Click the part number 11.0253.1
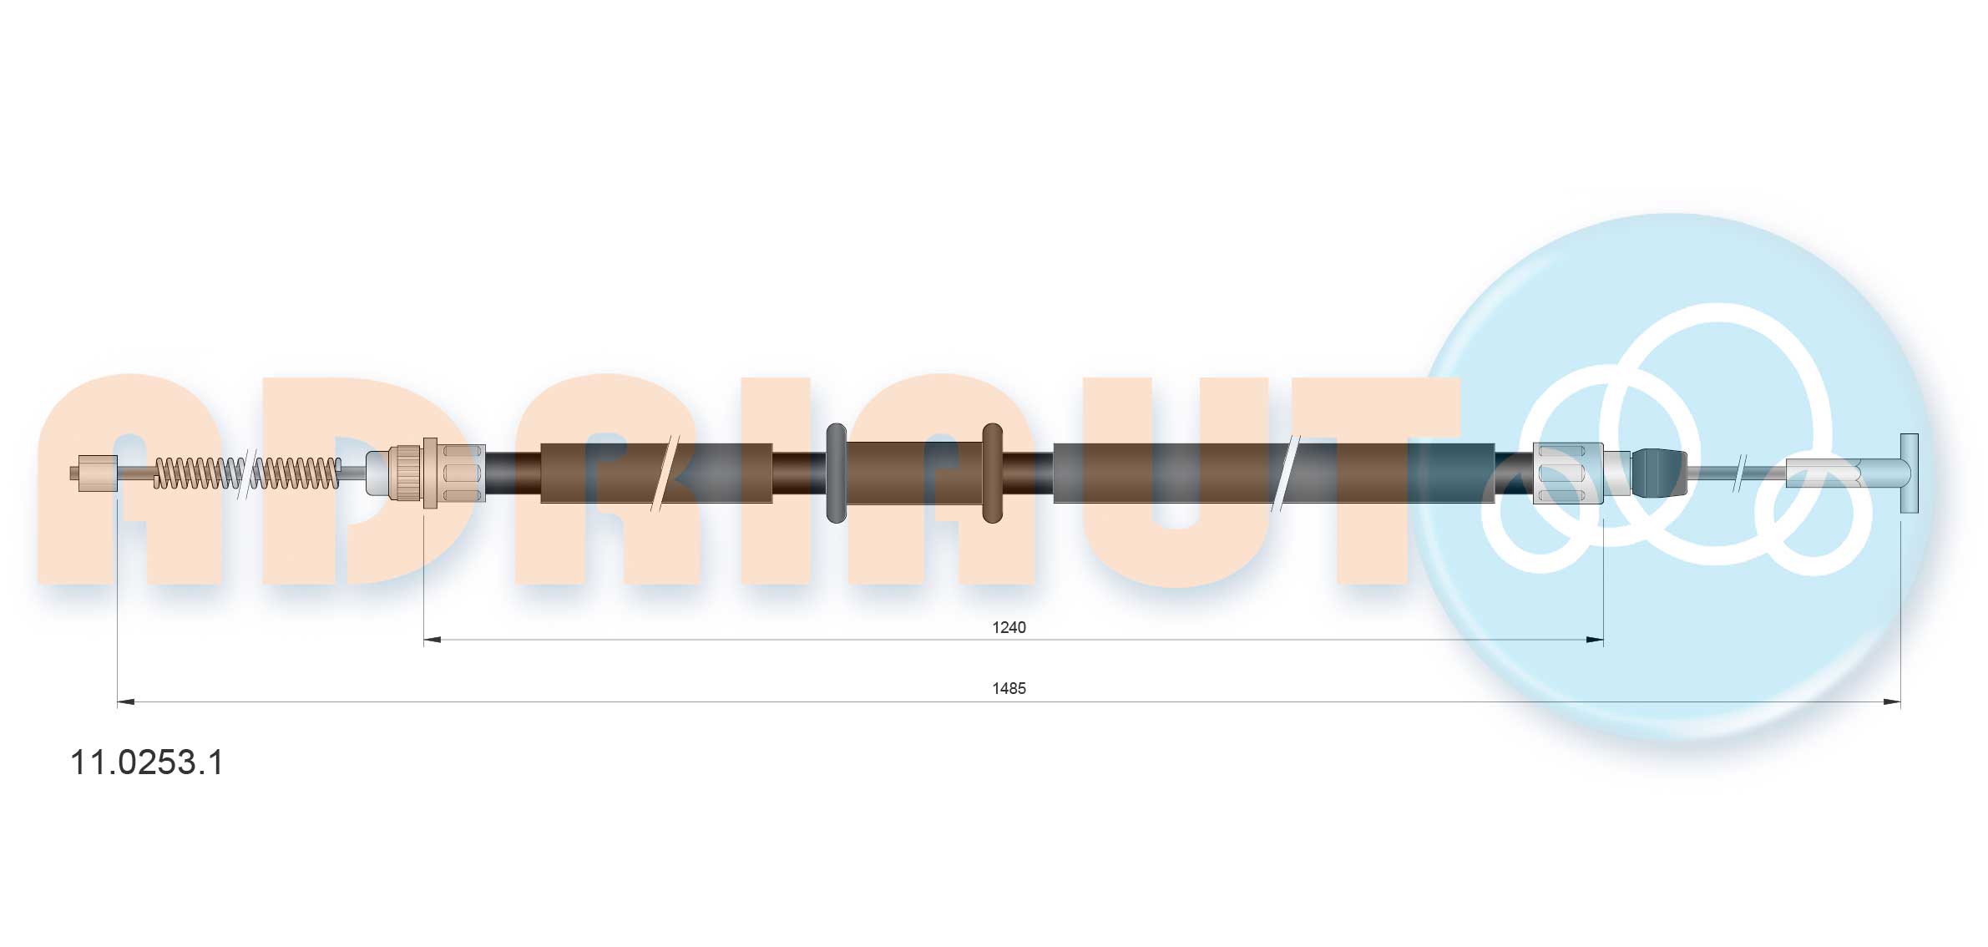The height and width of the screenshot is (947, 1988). (147, 762)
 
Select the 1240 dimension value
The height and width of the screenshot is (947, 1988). (1009, 627)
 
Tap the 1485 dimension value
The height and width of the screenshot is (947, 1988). (1009, 688)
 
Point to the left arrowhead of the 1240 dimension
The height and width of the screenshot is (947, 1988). (433, 641)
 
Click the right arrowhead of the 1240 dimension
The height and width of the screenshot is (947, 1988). (1595, 641)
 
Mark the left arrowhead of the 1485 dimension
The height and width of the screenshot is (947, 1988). (126, 702)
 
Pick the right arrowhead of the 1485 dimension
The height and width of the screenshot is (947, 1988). (1892, 702)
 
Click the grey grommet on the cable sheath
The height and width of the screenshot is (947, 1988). (836, 473)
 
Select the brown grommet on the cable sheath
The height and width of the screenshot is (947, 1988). (992, 473)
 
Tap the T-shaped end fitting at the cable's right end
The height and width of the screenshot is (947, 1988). (1908, 473)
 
